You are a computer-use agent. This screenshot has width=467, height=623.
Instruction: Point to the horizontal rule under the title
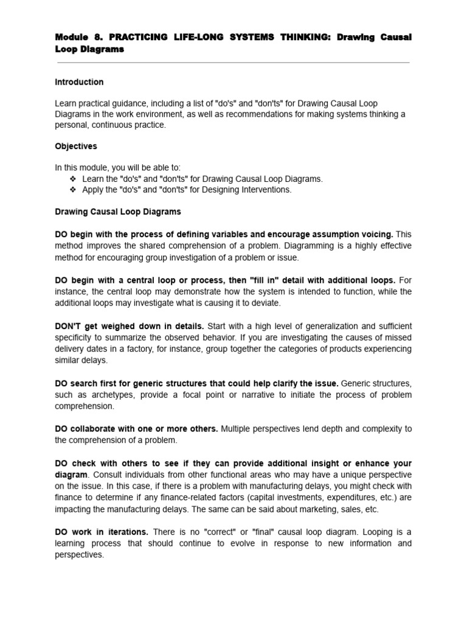pos(233,63)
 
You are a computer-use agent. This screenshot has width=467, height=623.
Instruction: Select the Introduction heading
pos(79,82)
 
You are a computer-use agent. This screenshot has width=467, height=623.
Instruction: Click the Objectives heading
pos(76,147)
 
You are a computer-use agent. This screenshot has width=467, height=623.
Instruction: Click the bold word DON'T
pos(67,326)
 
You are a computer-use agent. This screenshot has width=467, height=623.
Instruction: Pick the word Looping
pos(376,532)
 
